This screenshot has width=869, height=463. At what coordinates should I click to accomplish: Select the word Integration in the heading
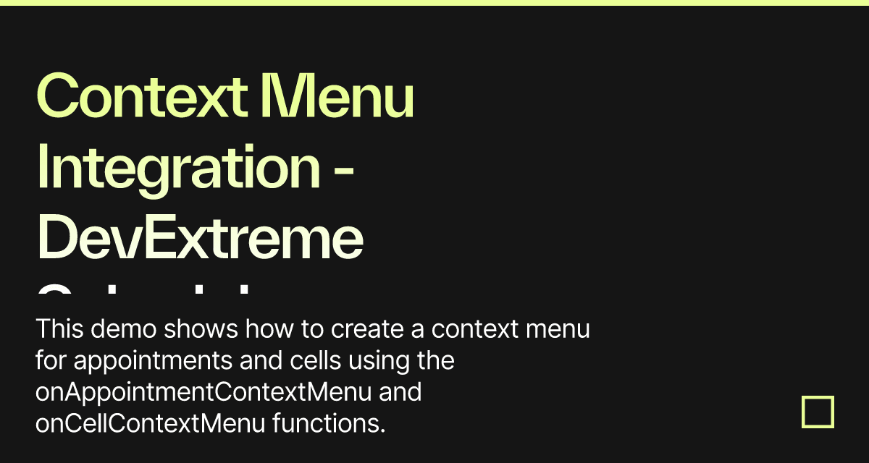tap(178, 168)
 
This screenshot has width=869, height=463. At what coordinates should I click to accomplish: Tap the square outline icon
tap(818, 412)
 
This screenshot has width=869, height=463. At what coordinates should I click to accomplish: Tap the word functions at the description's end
tap(328, 423)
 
